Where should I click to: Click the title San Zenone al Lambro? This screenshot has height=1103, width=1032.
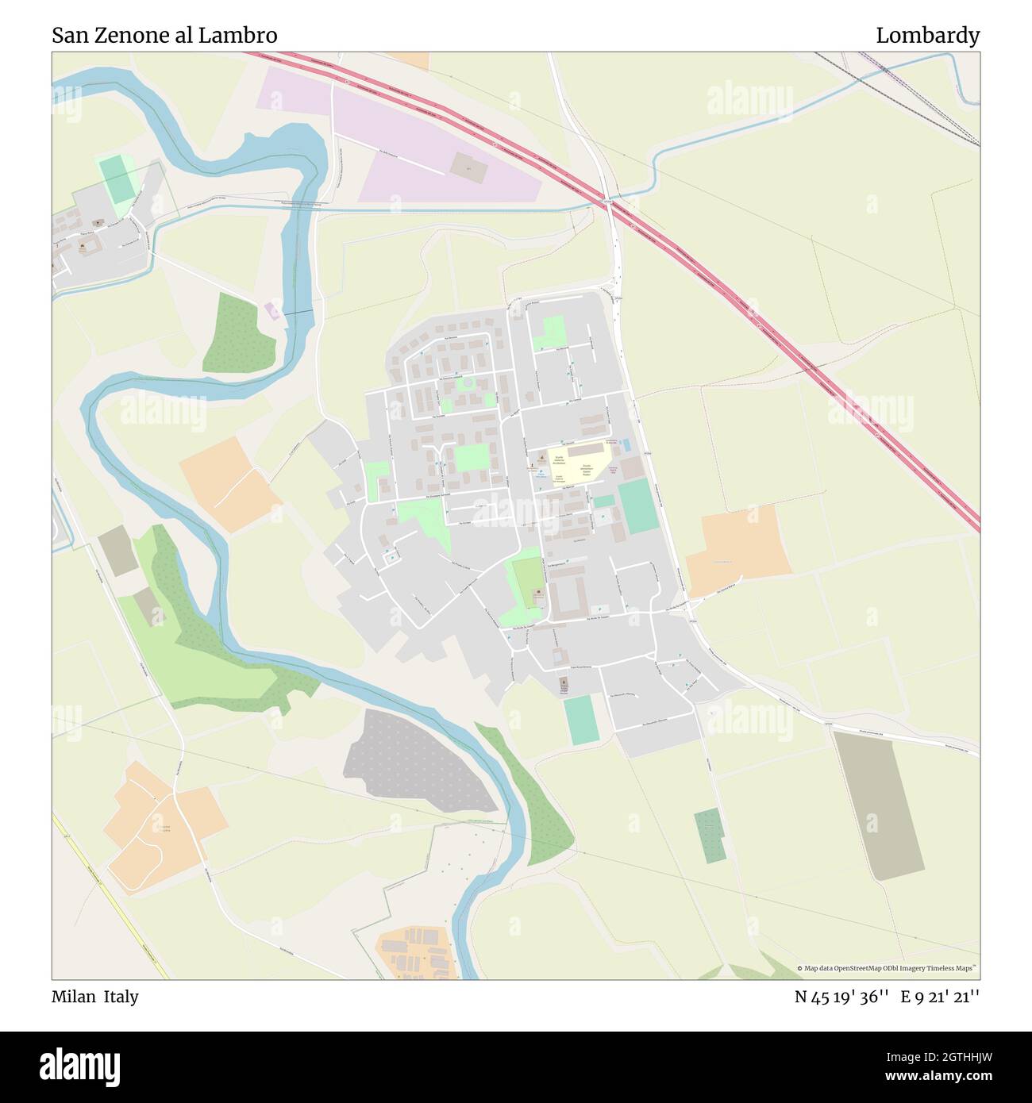pyautogui.click(x=164, y=36)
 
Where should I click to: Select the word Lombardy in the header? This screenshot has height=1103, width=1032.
pyautogui.click(x=927, y=36)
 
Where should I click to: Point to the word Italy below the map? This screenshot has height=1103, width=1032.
pyautogui.click(x=121, y=997)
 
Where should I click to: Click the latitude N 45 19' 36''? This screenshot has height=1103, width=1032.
pyautogui.click(x=842, y=997)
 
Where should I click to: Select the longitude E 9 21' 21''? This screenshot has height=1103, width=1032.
pyautogui.click(x=940, y=997)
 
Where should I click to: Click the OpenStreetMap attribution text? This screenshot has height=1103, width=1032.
pyautogui.click(x=889, y=968)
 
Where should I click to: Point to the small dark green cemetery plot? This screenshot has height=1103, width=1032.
pyautogui.click(x=709, y=836)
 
